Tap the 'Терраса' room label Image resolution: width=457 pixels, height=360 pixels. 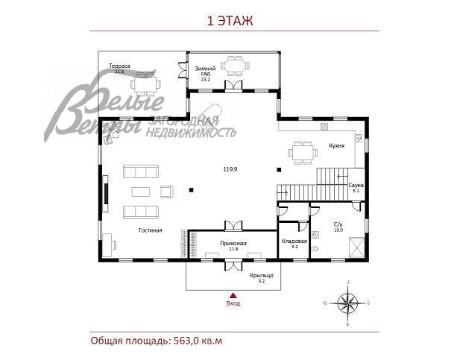click(x=119, y=66)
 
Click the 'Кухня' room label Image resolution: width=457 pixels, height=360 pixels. click(x=335, y=146)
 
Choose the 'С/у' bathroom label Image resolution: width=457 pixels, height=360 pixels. click(x=338, y=225)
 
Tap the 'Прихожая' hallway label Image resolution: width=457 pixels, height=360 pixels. click(x=233, y=244)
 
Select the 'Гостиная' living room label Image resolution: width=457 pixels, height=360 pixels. click(x=150, y=230)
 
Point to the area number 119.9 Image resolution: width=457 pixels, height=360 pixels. click(x=230, y=169)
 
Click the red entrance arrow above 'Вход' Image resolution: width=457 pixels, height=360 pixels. click(x=233, y=295)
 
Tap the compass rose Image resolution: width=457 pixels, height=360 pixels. click(x=347, y=303)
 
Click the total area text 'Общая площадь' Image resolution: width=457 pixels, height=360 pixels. click(x=157, y=341)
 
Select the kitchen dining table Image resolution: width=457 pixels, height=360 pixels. click(x=302, y=151)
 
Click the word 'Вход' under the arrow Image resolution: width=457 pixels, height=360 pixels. click(x=233, y=303)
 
